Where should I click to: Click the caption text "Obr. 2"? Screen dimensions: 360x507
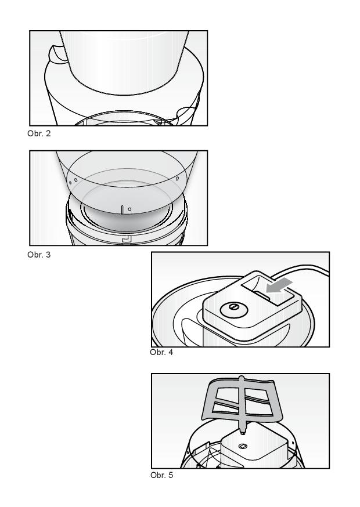pyautogui.click(x=39, y=133)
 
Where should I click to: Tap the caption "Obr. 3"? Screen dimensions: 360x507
pyautogui.click(x=39, y=255)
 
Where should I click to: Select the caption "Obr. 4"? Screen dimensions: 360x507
pyautogui.click(x=161, y=353)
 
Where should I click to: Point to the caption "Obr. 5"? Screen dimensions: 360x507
pyautogui.click(x=162, y=475)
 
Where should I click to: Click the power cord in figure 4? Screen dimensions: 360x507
pyautogui.click(x=301, y=269)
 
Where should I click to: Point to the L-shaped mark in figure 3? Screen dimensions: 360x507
pyautogui.click(x=125, y=238)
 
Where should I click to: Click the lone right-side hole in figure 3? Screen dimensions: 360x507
pyautogui.click(x=177, y=178)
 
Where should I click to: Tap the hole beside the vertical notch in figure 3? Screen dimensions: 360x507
pyautogui.click(x=129, y=209)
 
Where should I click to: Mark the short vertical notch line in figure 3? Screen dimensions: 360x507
pyautogui.click(x=123, y=209)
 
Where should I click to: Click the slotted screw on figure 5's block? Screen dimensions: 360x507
pyautogui.click(x=243, y=447)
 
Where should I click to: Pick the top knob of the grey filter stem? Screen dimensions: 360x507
pyautogui.click(x=241, y=378)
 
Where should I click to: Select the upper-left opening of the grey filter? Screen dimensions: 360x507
pyautogui.click(x=227, y=395)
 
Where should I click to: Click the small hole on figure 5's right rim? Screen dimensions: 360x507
pyautogui.click(x=293, y=441)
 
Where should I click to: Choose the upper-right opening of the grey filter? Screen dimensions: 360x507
pyautogui.click(x=257, y=395)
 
